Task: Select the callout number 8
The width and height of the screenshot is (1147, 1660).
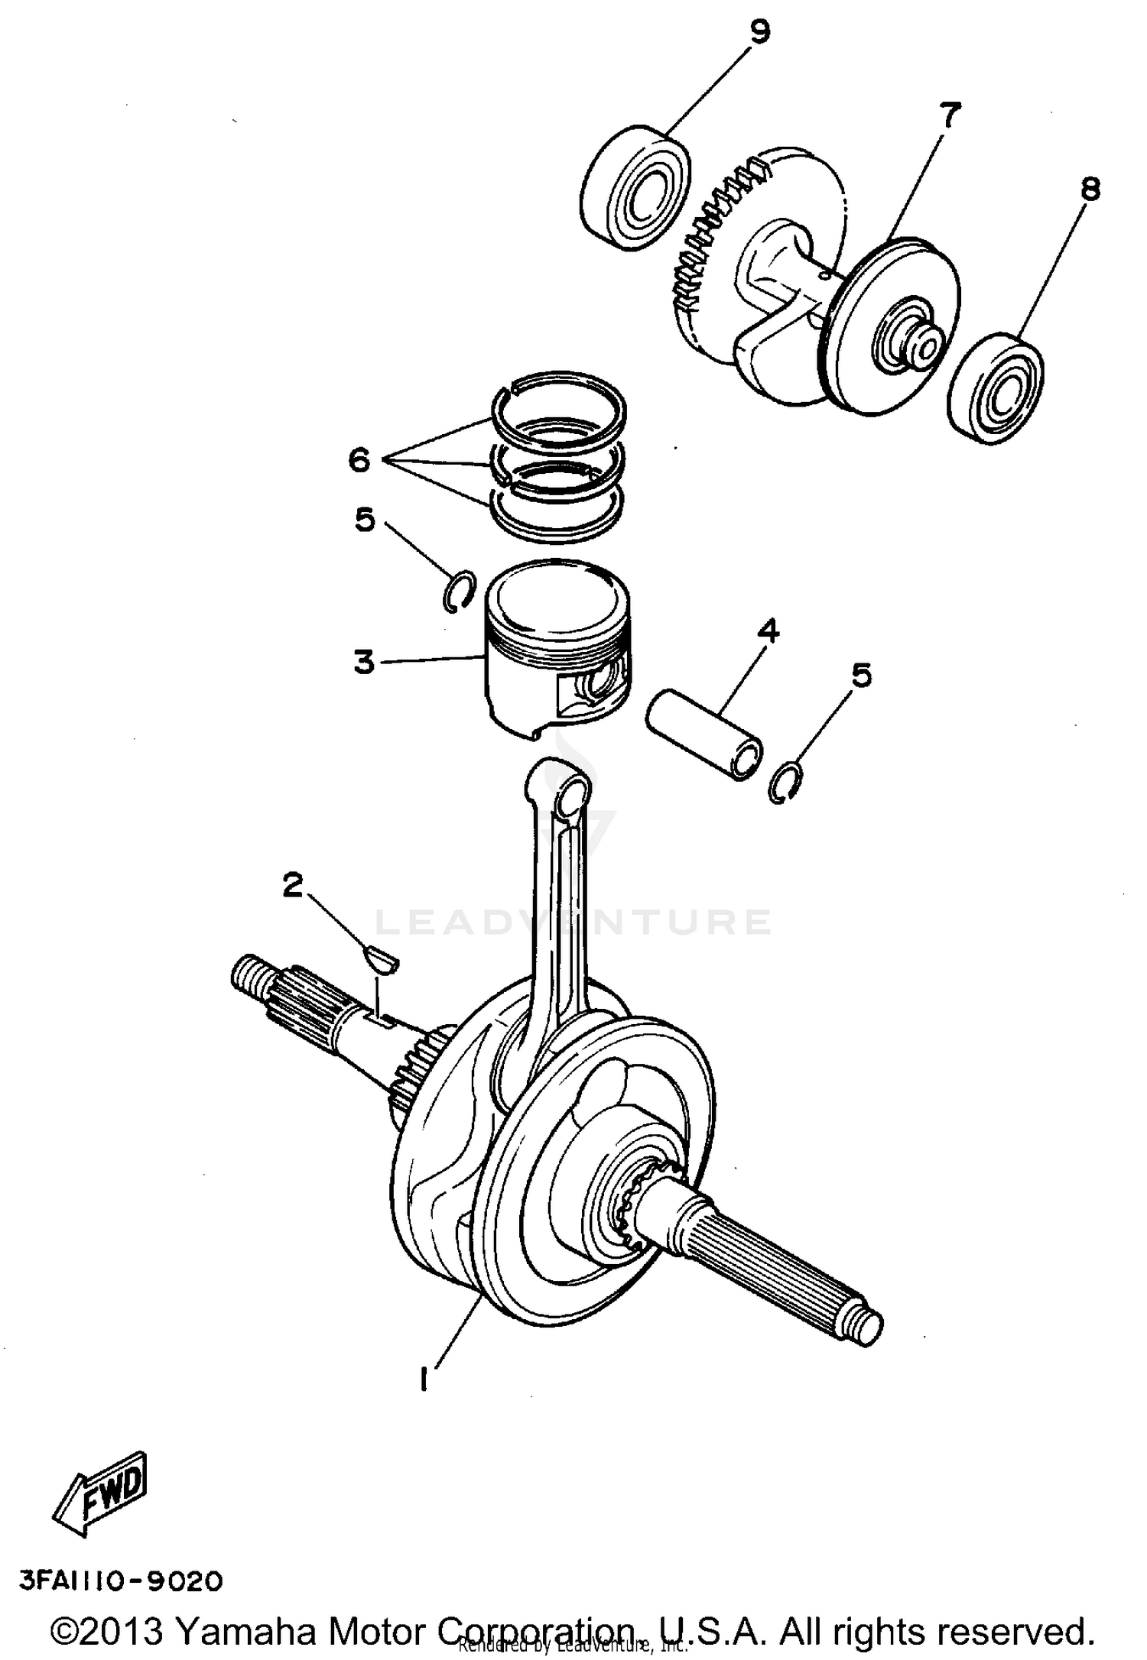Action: [1089, 189]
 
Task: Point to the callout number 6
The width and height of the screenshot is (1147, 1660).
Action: [359, 460]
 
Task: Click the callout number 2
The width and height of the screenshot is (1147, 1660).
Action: [292, 886]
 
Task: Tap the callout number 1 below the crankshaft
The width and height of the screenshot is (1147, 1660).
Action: [422, 1379]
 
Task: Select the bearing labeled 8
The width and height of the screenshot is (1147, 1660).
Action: [995, 388]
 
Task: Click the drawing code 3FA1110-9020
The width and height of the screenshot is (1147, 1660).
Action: [121, 1581]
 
